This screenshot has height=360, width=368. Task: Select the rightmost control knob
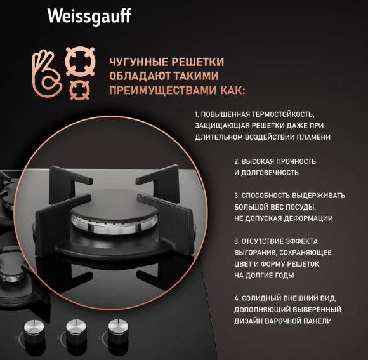[x=116, y=328]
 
